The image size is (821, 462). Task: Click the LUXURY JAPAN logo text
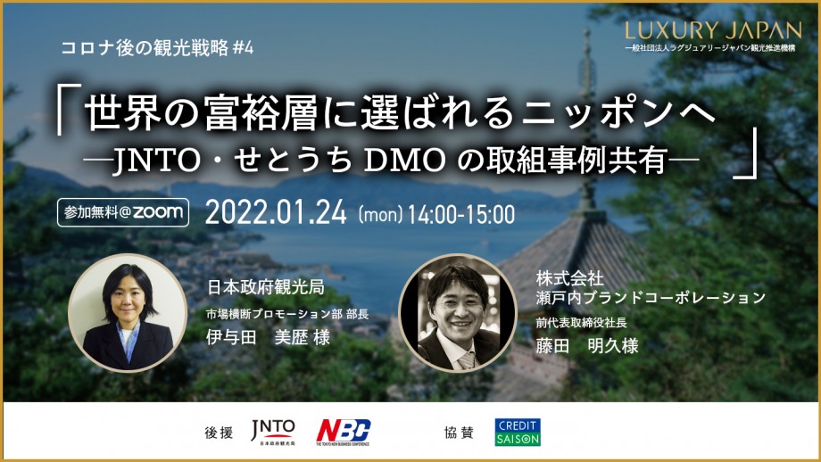pyautogui.click(x=713, y=30)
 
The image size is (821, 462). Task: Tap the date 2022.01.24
pyautogui.click(x=276, y=213)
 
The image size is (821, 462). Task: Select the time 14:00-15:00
pyautogui.click(x=460, y=215)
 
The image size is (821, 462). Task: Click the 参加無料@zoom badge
pyautogui.click(x=123, y=212)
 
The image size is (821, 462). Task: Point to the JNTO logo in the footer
pyautogui.click(x=273, y=433)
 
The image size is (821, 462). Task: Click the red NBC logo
pyautogui.click(x=343, y=432)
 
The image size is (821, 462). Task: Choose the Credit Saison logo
pyautogui.click(x=518, y=433)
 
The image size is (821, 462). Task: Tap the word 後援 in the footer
pyautogui.click(x=219, y=433)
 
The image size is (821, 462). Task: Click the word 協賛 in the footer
pyautogui.click(x=459, y=433)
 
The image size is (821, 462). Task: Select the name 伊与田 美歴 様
pyautogui.click(x=268, y=337)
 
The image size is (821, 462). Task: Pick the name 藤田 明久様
pyautogui.click(x=587, y=346)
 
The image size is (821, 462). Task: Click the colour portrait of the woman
pyautogui.click(x=128, y=313)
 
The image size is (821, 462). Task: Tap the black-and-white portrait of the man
pyautogui.click(x=458, y=313)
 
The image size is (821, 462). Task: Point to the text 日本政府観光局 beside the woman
pyautogui.click(x=265, y=287)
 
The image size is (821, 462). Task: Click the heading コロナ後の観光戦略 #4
pyautogui.click(x=157, y=48)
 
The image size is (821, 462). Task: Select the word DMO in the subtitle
pyautogui.click(x=404, y=161)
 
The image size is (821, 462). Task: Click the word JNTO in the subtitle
pyautogui.click(x=156, y=161)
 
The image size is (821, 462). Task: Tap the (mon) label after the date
pyautogui.click(x=380, y=215)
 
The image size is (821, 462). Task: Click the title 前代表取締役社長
pyautogui.click(x=581, y=323)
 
